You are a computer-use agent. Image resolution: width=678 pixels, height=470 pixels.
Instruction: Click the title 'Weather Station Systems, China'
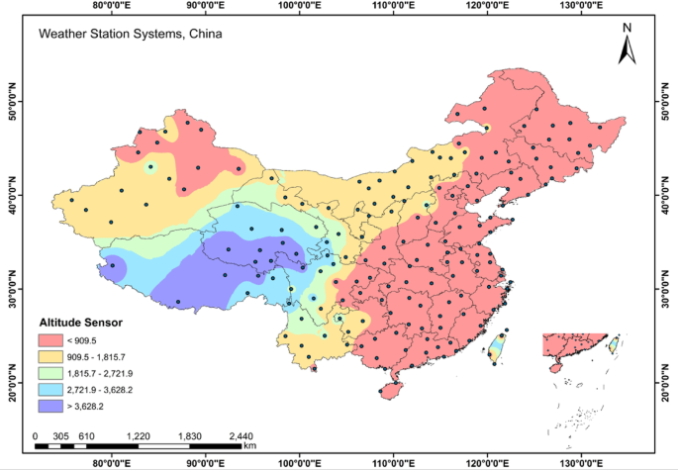coord(130,34)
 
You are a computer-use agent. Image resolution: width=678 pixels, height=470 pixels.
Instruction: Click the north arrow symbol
coord(626,46)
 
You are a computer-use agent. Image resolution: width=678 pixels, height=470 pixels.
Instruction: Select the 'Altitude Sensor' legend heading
coord(81,323)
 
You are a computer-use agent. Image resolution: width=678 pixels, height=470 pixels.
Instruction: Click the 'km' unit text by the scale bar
coord(250,447)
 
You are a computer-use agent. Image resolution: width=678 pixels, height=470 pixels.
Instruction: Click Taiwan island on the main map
coord(500,346)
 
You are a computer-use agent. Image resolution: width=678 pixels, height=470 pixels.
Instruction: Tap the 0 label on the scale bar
coord(35,435)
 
